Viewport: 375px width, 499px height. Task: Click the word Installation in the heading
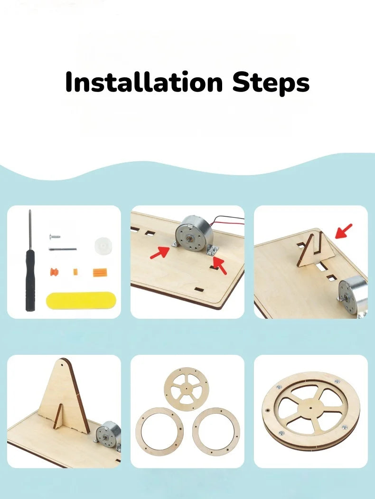(x=144, y=82)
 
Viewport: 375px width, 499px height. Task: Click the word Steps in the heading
(x=271, y=83)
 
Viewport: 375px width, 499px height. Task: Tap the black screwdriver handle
(x=30, y=280)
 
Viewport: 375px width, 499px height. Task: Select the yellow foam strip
(x=81, y=300)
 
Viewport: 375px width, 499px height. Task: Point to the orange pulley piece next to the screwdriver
(x=54, y=272)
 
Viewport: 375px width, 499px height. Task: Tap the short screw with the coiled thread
(x=55, y=237)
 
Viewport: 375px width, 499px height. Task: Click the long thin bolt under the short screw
(x=63, y=249)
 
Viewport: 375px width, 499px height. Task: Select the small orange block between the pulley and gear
(x=75, y=272)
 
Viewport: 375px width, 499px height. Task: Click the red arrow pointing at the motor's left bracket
(x=160, y=252)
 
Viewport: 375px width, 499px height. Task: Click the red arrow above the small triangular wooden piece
(x=344, y=231)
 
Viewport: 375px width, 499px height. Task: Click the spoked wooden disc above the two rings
(x=186, y=389)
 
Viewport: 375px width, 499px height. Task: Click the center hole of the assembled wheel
(x=310, y=407)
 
